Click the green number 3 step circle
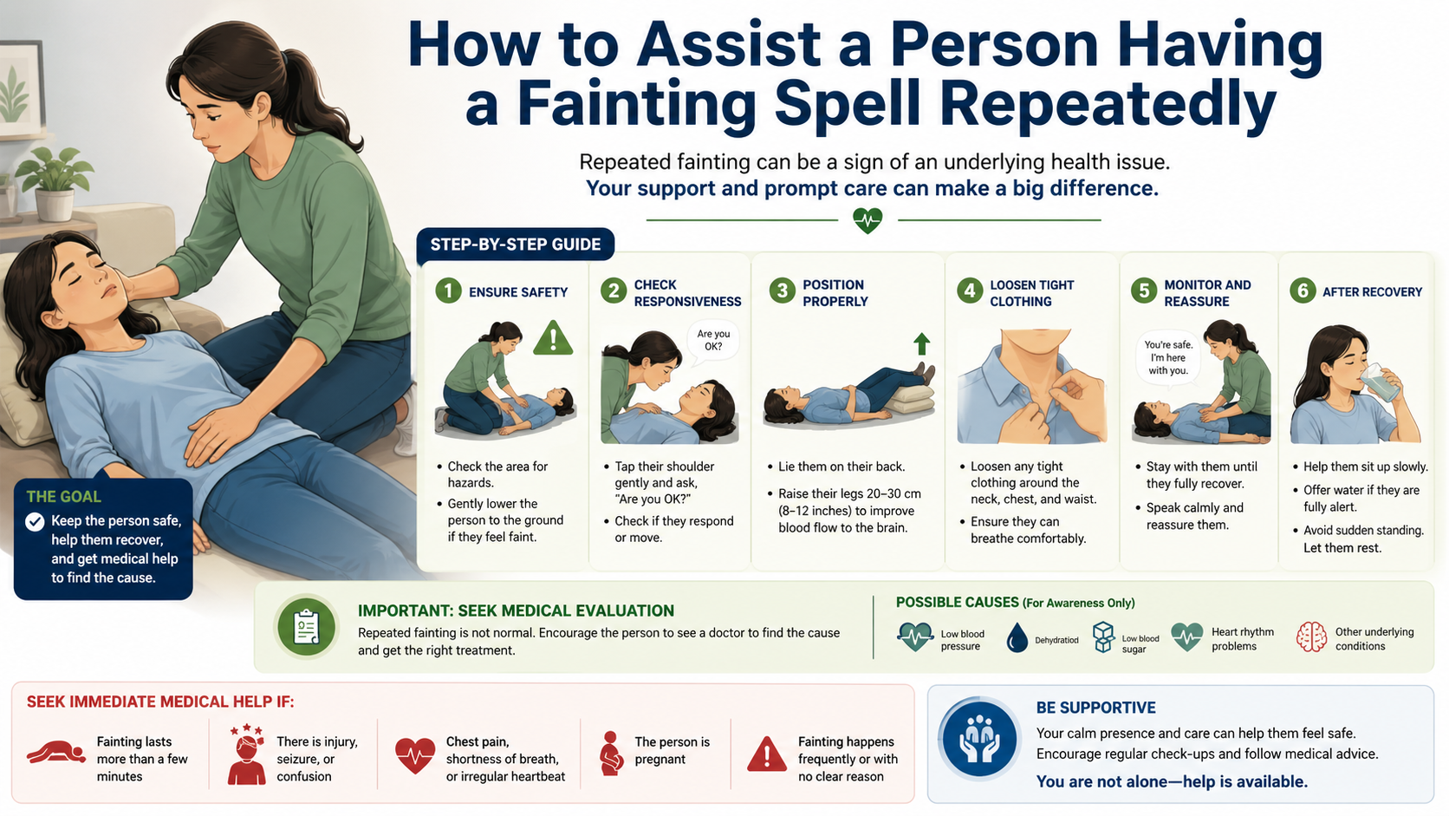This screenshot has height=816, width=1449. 782,291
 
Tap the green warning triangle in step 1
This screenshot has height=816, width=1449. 553,338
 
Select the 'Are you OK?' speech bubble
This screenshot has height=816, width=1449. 713,342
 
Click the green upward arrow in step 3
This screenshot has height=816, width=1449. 922,343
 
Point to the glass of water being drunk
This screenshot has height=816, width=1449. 1381,382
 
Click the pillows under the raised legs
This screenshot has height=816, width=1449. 908,399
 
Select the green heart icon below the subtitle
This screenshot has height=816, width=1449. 867,220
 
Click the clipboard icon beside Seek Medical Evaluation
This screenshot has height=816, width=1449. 306,626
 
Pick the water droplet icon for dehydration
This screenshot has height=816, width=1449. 1017,637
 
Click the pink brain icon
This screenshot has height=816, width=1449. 1311,636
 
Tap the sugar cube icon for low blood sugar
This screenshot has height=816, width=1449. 1103,636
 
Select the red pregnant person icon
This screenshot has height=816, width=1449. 611,754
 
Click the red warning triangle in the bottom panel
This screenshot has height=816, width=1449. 767,754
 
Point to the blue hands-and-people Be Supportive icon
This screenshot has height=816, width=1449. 979,739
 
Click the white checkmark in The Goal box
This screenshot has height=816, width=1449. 35,521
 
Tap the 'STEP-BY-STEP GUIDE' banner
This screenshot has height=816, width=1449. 516,245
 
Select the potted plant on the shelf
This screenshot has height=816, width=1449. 55,182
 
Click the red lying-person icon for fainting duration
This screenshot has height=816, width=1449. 56,753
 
